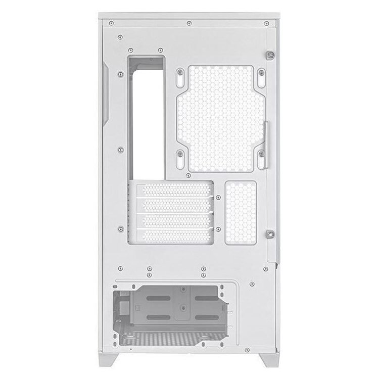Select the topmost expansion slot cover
[x=174, y=191]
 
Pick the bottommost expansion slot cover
[x=174, y=235]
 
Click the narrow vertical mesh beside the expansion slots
[x=241, y=213]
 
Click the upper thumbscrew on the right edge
[x=271, y=55]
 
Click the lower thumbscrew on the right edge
[x=270, y=233]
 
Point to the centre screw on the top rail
[x=188, y=23]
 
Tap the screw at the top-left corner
[x=111, y=23]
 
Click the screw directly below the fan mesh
[x=188, y=175]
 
